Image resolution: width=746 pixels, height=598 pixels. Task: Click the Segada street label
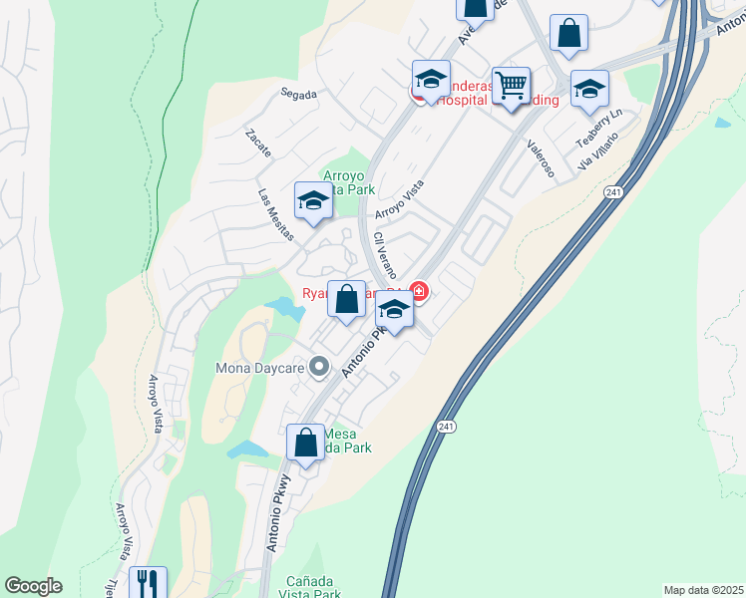coord(299,95)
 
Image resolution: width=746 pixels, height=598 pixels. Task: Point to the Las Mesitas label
coord(276,215)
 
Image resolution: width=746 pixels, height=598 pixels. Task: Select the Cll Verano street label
coord(385,255)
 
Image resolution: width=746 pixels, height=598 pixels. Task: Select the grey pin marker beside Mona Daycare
coord(319,368)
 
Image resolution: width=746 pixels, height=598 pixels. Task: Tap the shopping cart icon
coord(512,86)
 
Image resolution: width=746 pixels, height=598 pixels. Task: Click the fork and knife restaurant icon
coord(148,583)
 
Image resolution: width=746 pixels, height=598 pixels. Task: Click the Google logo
coord(33,586)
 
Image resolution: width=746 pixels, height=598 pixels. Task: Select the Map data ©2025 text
coord(702,590)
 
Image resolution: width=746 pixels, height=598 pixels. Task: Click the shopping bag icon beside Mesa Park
coord(305,442)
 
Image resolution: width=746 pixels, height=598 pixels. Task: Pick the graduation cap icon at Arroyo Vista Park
coord(313,199)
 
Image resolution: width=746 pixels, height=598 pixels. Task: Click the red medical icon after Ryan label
coord(420,292)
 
